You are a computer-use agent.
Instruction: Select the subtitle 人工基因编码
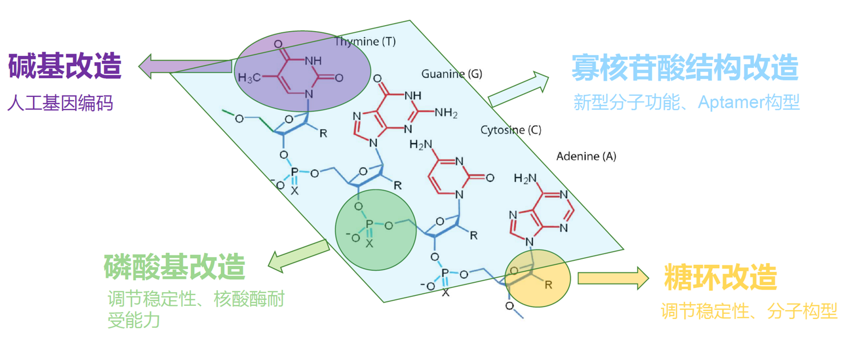tap(60, 102)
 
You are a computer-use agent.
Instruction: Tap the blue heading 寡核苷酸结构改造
tap(685, 68)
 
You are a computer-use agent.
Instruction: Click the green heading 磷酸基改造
tap(175, 267)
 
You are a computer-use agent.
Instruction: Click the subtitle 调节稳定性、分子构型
tap(749, 312)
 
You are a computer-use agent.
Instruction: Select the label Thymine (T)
tap(365, 42)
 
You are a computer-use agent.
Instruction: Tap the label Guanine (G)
tap(452, 73)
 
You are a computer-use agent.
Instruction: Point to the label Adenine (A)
tap(586, 156)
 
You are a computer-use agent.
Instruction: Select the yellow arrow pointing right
tap(613, 277)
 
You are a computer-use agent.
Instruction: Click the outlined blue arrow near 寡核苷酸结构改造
tap(518, 89)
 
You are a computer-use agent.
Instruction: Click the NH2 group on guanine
tap(444, 113)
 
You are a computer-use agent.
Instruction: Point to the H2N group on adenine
tap(525, 178)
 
